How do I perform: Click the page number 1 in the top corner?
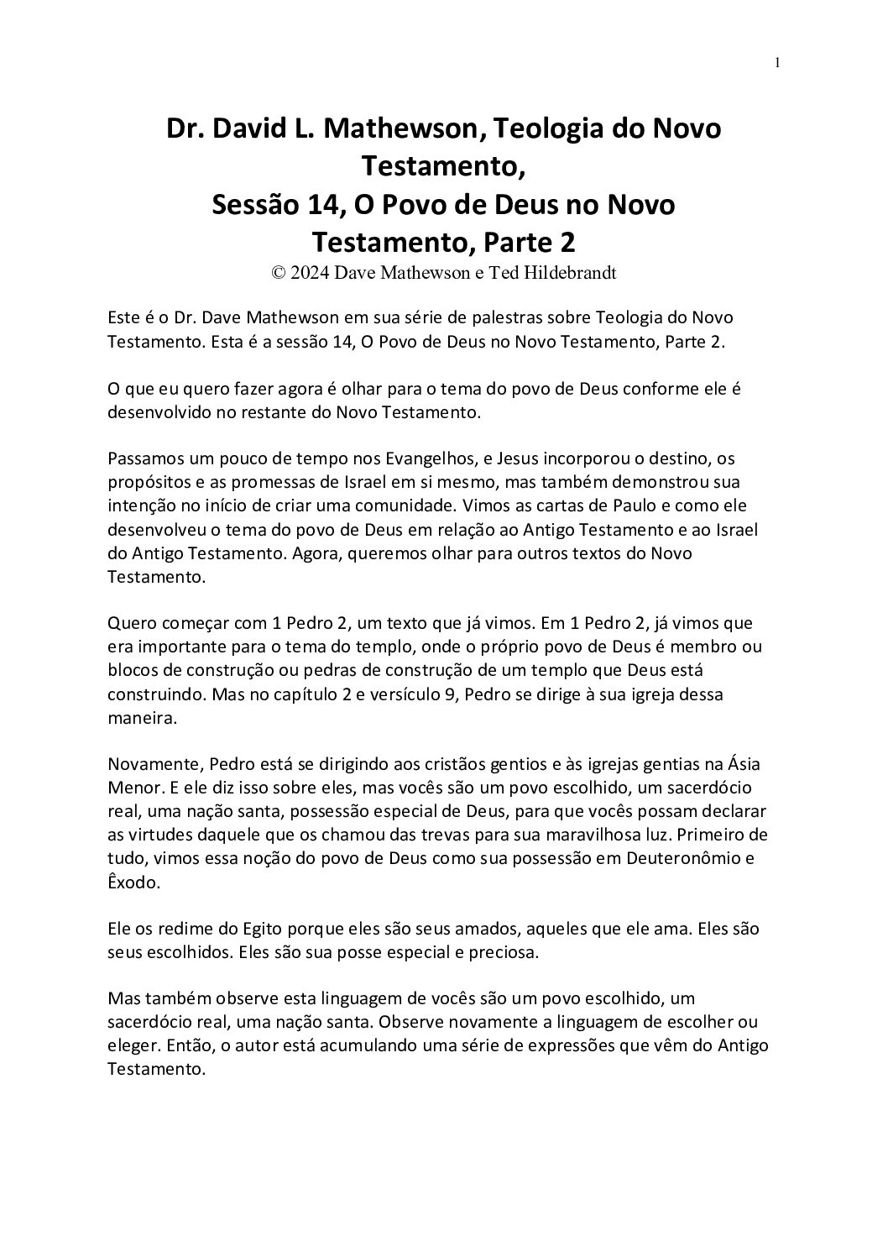[x=778, y=62]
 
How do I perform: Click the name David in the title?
[x=253, y=129]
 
